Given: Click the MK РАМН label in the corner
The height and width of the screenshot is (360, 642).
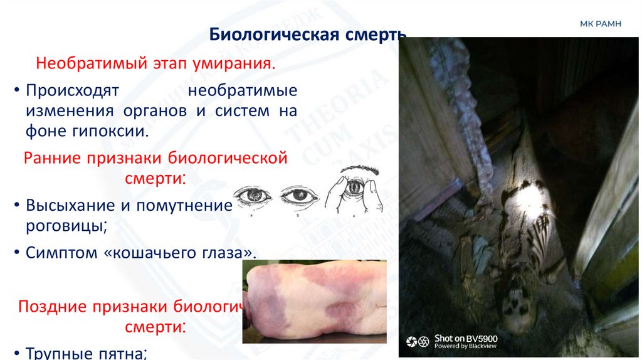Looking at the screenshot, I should click(x=600, y=24).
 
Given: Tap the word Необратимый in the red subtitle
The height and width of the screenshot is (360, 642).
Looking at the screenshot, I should click(x=90, y=64).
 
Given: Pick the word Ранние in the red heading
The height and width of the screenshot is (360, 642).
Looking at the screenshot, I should click(x=54, y=157).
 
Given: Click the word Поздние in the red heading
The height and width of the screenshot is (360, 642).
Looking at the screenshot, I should click(x=52, y=307).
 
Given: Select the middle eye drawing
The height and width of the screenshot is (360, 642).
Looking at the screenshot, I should click(x=299, y=196).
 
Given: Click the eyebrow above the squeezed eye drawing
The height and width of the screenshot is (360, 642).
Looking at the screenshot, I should click(x=357, y=171).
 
